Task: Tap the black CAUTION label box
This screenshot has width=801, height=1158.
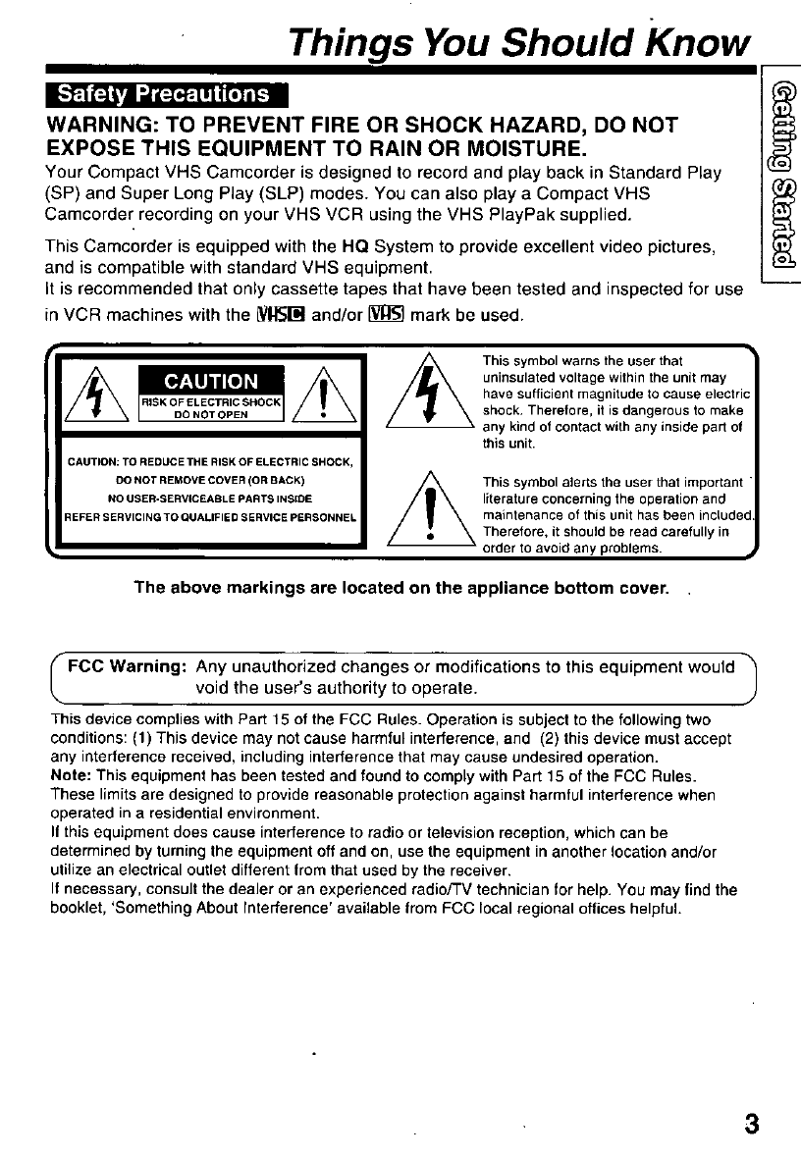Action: pyautogui.click(x=211, y=380)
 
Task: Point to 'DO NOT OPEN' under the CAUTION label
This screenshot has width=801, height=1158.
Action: pyautogui.click(x=211, y=414)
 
